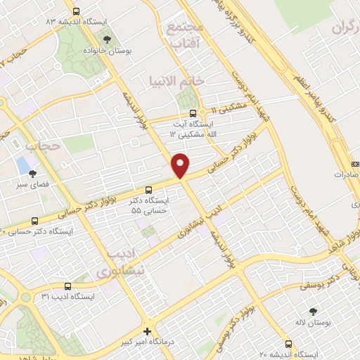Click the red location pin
pyautogui.click(x=181, y=165)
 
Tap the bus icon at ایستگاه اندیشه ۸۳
pyautogui.click(x=76, y=12)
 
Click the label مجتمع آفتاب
pyautogui.click(x=185, y=34)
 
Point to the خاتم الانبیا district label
pyautogui.click(x=176, y=81)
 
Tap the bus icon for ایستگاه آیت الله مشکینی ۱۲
pyautogui.click(x=193, y=113)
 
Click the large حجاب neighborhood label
pyautogui.click(x=41, y=146)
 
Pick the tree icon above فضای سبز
pyautogui.click(x=32, y=174)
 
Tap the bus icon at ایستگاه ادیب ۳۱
pyautogui.click(x=67, y=286)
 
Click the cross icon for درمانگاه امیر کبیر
pyautogui.click(x=146, y=331)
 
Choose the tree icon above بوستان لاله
pyautogui.click(x=313, y=310)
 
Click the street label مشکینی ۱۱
pyautogui.click(x=229, y=107)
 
